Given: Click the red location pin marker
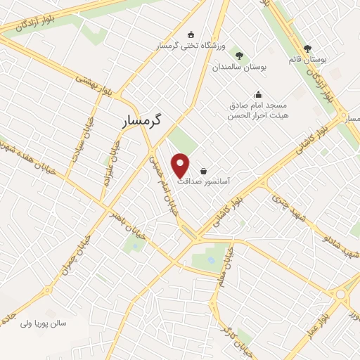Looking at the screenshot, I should [x=181, y=164].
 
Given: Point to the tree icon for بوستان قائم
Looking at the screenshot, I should [x=307, y=49].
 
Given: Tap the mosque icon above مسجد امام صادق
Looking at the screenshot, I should [x=258, y=94].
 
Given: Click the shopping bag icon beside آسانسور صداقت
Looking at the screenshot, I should [x=203, y=171].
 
